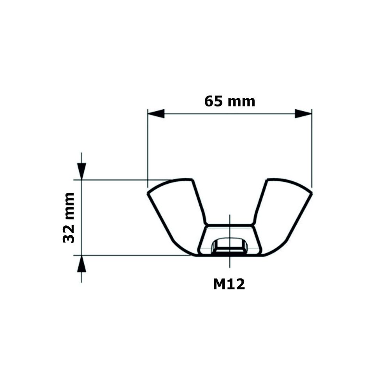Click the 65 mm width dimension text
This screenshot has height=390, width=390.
[230, 101]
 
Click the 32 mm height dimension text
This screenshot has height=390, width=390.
[69, 218]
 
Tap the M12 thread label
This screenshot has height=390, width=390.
[229, 284]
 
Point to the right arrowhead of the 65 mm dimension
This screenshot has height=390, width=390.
[303, 114]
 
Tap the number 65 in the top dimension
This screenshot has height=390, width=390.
[214, 101]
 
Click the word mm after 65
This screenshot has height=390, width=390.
[242, 102]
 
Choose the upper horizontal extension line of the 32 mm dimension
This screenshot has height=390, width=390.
[125, 180]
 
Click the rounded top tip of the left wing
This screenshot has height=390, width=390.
[183, 180]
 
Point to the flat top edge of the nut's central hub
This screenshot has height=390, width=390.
[230, 225]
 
